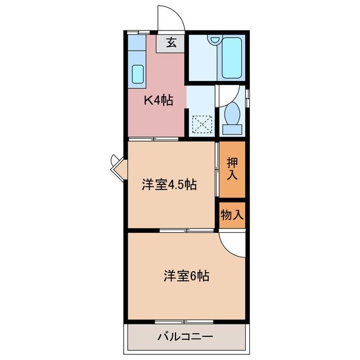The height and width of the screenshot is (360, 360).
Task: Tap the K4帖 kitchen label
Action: tap(157, 101)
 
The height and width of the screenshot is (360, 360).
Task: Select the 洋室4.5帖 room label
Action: tap(169, 184)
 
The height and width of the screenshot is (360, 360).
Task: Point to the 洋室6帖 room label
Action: tap(187, 276)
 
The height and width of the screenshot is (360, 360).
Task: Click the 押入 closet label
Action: tap(232, 169)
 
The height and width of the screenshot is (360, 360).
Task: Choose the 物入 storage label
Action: tap(232, 214)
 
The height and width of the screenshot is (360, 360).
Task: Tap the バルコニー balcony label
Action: tap(185, 337)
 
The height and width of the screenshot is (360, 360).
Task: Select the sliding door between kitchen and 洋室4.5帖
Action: tap(154, 139)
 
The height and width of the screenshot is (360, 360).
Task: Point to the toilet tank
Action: tap(232, 129)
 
